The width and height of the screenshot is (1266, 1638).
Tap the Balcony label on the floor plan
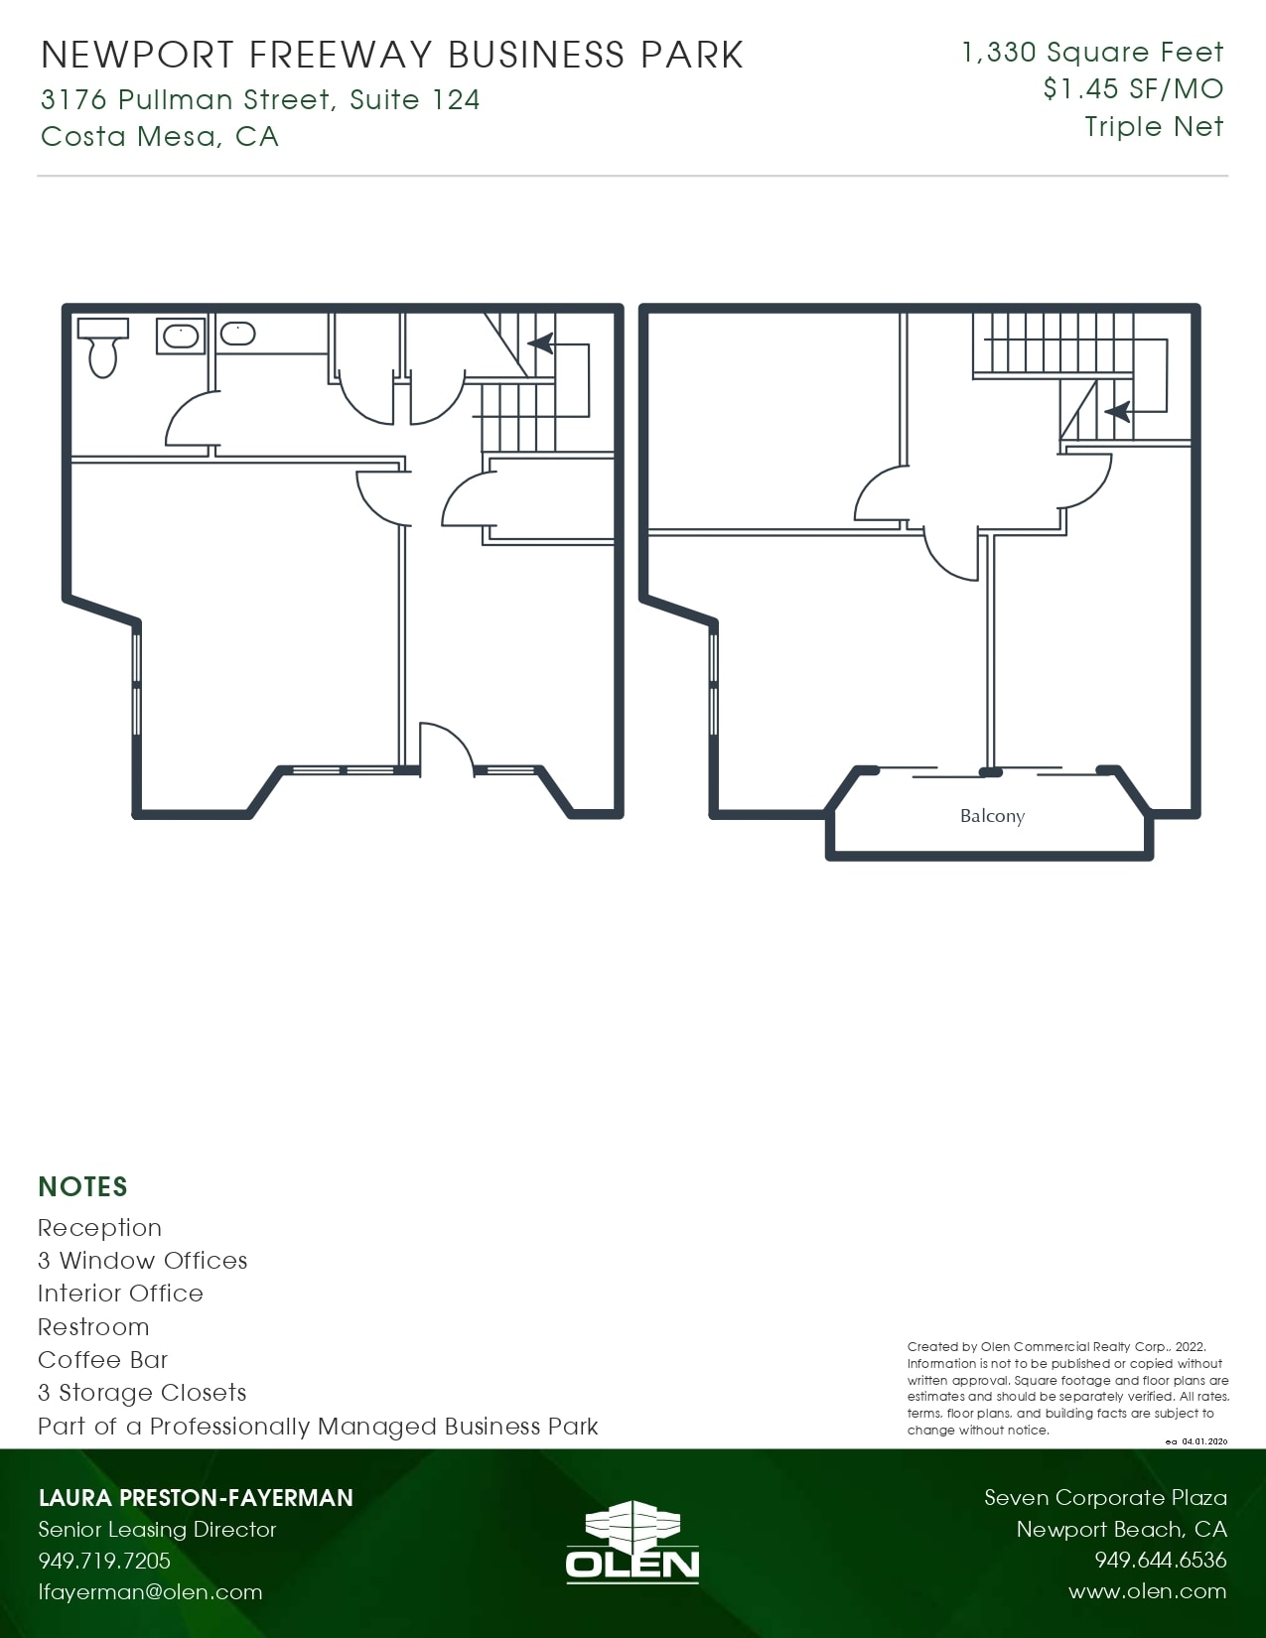992,816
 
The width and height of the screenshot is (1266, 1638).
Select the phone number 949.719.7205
104,1561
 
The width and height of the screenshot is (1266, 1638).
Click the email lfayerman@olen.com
150,1592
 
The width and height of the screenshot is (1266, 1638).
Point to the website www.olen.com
1147,1591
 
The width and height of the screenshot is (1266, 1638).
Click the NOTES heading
83,1187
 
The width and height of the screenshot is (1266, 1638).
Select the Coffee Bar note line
103,1360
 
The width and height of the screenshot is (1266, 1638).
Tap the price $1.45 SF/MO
1133,89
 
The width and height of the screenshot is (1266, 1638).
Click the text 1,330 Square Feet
1092,53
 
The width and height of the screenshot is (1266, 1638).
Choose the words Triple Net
1154,127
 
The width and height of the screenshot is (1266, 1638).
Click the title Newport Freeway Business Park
392,56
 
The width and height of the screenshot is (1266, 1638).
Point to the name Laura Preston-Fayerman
196,1498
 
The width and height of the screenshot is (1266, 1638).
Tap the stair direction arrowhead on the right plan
1117,410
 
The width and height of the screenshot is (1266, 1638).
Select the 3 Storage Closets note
142,1393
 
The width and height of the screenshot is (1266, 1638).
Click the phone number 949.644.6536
1161,1561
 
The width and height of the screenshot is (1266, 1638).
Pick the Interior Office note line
120,1294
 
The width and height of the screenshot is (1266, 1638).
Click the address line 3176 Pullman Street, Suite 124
260,99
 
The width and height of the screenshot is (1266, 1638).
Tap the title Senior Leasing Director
157,1530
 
